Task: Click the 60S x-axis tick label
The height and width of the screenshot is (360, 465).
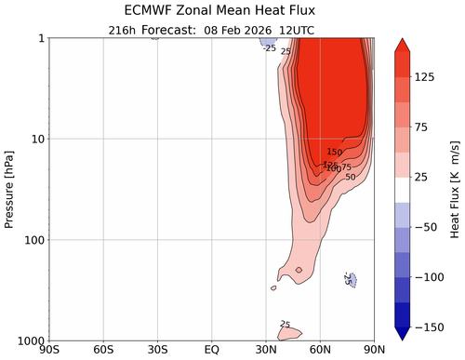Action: pos(103,351)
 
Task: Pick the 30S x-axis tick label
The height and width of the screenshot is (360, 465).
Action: pos(157,351)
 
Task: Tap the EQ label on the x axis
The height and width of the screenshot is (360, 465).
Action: pos(212,351)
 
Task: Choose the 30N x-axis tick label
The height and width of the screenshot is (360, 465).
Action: pos(266,351)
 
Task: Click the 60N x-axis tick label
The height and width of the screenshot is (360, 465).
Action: pos(321,351)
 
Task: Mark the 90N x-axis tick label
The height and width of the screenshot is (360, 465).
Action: pos(374,351)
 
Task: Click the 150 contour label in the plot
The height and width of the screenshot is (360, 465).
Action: pos(336,153)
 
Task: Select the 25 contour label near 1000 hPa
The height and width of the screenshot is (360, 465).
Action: pos(286,325)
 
